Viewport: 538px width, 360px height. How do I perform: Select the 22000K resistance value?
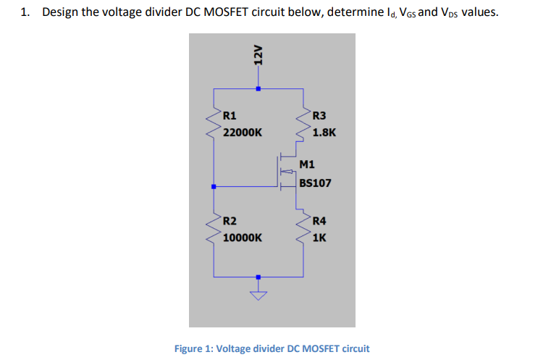243,133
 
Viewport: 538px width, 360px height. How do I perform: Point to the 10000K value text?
243,238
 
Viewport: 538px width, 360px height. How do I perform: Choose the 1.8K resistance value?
324,133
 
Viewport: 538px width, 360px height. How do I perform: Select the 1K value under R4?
320,238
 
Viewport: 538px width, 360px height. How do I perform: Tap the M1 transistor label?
306,164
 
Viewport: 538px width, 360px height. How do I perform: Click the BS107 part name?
315,183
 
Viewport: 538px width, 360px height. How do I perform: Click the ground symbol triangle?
258,294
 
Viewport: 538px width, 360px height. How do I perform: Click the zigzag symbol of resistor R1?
214,125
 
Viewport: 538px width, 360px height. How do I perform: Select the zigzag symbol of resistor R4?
303,228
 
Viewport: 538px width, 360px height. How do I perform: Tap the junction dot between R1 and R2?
214,186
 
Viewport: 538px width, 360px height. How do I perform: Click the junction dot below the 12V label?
258,89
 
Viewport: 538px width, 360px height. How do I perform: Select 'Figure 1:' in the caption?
194,348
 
